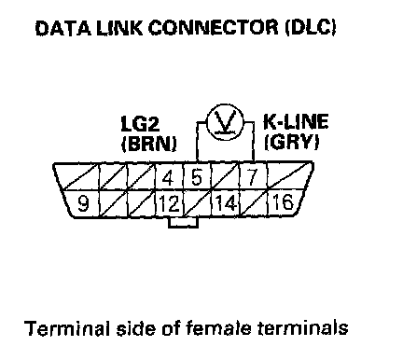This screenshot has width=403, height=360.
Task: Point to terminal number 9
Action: (x=81, y=203)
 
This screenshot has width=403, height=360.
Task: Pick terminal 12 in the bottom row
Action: (x=170, y=204)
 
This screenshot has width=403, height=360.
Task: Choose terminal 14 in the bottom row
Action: (x=226, y=204)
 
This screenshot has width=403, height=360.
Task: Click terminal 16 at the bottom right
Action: (x=283, y=202)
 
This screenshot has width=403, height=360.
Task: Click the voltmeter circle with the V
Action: (x=225, y=121)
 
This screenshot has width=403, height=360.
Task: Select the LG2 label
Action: (x=140, y=124)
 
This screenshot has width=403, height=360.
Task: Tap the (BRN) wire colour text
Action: (x=148, y=144)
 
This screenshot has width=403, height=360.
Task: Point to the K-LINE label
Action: (x=296, y=121)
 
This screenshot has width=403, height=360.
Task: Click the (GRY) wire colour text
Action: (x=291, y=142)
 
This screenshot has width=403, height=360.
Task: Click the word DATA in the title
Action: (x=63, y=28)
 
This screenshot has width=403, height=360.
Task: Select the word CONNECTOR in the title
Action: (x=213, y=28)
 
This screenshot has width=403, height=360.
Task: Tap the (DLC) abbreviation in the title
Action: (x=310, y=27)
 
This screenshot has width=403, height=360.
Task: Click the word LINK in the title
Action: (x=119, y=28)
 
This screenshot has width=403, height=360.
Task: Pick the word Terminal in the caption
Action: (x=67, y=328)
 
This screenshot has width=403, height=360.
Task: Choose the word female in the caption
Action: (x=218, y=327)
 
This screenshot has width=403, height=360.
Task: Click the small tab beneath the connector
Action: (x=183, y=222)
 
